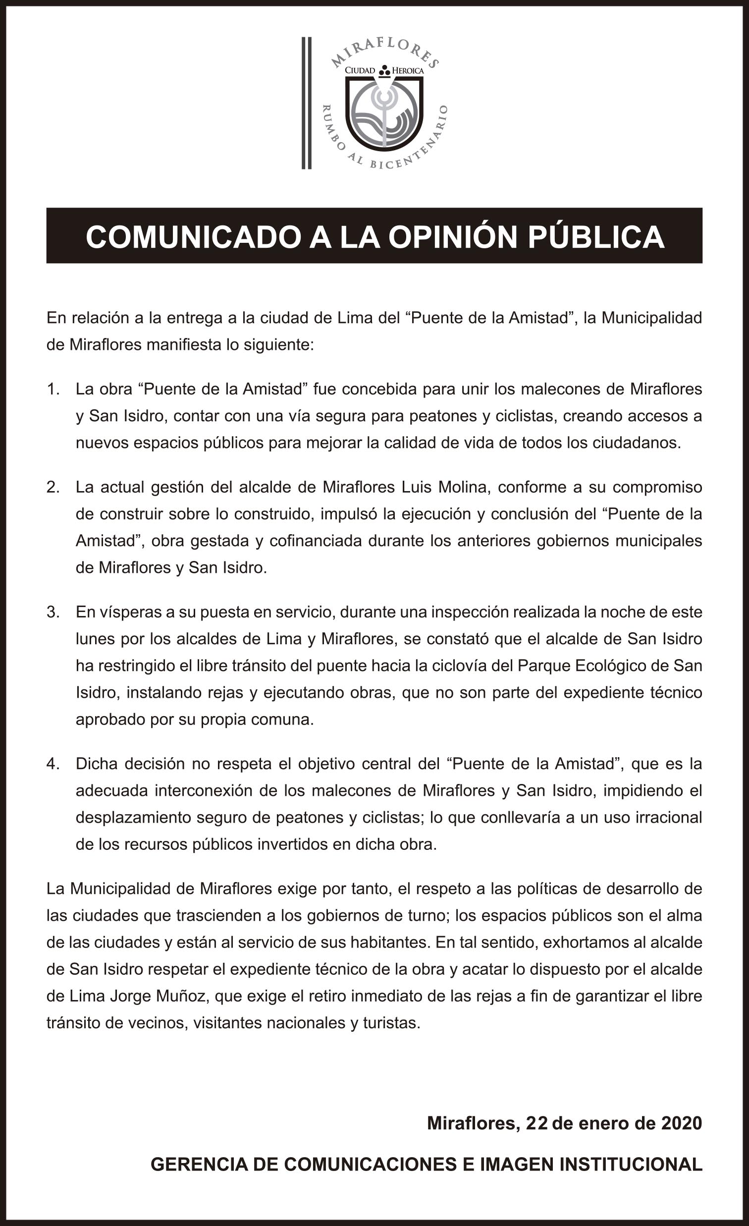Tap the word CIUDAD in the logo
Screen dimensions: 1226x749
pyautogui.click(x=360, y=71)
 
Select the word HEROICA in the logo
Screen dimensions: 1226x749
pyautogui.click(x=408, y=71)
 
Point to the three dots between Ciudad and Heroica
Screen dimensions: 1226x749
pyautogui.click(x=384, y=71)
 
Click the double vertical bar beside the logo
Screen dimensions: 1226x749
pyautogui.click(x=306, y=103)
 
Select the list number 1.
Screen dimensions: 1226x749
pyautogui.click(x=53, y=389)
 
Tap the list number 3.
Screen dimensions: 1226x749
pyautogui.click(x=53, y=612)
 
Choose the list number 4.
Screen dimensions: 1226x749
pyautogui.click(x=53, y=764)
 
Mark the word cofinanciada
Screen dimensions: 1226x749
pyautogui.click(x=316, y=541)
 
